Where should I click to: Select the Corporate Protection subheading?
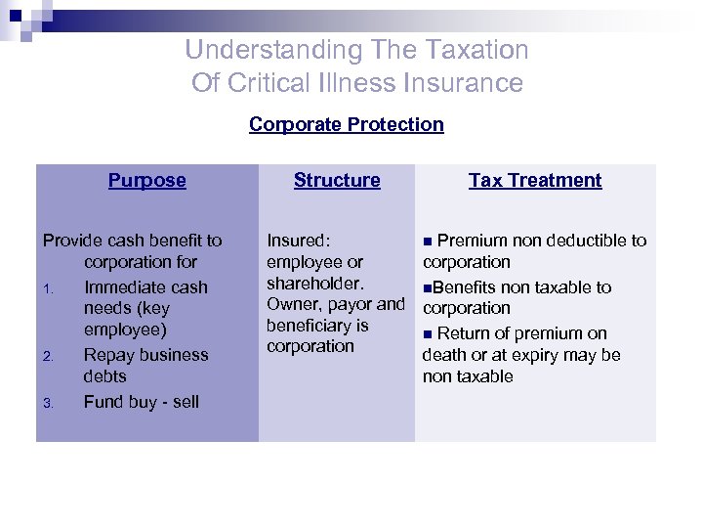pos(347,124)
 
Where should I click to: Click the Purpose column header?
pos(147,180)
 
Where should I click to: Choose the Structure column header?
pos(337,180)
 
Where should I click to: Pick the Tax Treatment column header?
pos(535,180)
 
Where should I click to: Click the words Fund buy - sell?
pos(141,402)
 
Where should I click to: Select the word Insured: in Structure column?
pos(299,241)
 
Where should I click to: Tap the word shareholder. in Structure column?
pos(315,283)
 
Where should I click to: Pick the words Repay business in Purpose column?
pos(145,355)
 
